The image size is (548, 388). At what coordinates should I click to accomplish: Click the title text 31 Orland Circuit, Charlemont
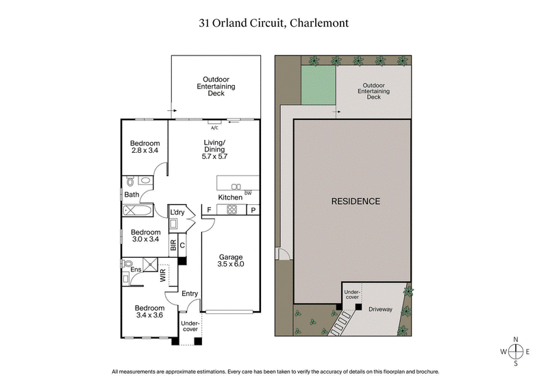(x=274, y=22)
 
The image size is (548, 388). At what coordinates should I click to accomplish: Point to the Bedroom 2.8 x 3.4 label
(x=145, y=147)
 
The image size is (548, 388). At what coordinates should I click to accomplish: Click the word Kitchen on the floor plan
(x=230, y=197)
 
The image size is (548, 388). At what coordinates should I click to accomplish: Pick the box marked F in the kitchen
(x=208, y=210)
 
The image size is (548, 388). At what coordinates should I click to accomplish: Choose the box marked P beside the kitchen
(x=252, y=210)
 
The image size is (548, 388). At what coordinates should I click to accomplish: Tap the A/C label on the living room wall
(x=214, y=128)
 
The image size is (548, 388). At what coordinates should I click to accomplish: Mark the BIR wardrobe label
(x=173, y=244)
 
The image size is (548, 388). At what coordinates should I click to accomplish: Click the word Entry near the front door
(x=190, y=294)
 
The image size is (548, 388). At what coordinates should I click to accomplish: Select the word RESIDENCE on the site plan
(x=356, y=202)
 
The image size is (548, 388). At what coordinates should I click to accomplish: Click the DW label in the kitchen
(x=247, y=192)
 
